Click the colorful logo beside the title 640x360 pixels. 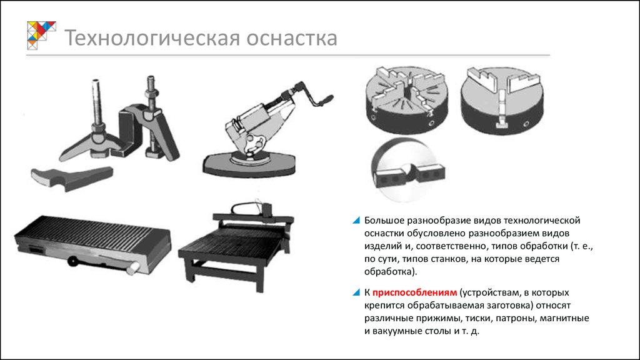pyautogui.click(x=41, y=35)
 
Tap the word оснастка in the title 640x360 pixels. pyautogui.click(x=292, y=38)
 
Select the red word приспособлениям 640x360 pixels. pyautogui.click(x=414, y=292)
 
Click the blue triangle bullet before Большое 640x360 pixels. pyautogui.click(x=356, y=221)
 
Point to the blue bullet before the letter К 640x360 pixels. pyautogui.click(x=356, y=292)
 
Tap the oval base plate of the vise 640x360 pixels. pyautogui.click(x=249, y=164)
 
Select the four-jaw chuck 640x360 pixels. pyautogui.click(x=406, y=101)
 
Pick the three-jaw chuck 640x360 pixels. pyautogui.click(x=502, y=101)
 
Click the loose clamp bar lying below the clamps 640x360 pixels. pyautogui.click(x=72, y=178)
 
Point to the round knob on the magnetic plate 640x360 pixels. pyautogui.click(x=73, y=261)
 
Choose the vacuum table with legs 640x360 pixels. pyautogui.click(x=236, y=246)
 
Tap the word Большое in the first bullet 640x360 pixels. pyautogui.click(x=387, y=221)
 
